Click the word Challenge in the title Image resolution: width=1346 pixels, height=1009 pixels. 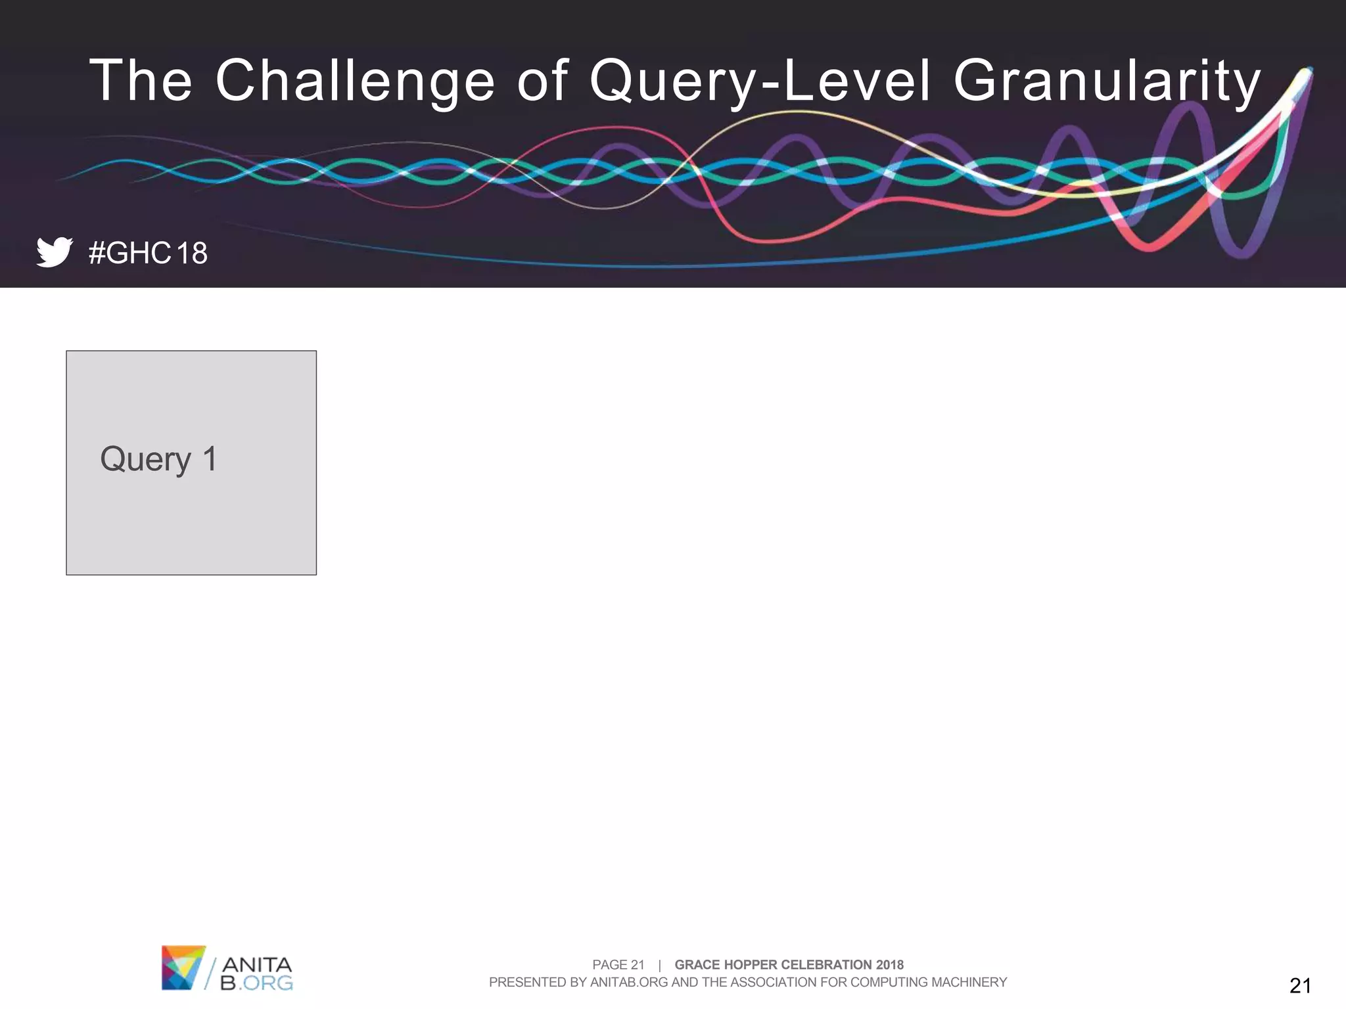[355, 81]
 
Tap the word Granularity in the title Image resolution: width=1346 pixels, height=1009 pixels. [1107, 81]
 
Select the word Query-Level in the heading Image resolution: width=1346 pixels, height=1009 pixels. [760, 81]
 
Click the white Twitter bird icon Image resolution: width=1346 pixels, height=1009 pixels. [54, 252]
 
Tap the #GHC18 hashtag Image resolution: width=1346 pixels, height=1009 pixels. [148, 253]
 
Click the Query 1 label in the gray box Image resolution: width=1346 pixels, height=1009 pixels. [158, 459]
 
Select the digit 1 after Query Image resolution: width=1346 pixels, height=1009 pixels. [210, 459]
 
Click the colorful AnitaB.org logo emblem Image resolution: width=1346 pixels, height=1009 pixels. [183, 967]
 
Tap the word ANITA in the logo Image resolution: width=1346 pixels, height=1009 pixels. [257, 964]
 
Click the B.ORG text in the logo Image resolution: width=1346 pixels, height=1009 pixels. [257, 983]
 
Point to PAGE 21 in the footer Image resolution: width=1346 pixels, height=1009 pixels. [618, 964]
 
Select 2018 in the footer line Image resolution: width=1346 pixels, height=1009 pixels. [889, 964]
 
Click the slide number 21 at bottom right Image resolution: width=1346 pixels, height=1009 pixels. [1300, 985]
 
